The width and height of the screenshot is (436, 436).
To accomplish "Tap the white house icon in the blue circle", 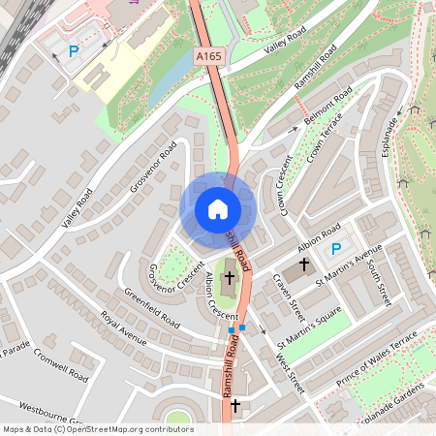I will (217, 209).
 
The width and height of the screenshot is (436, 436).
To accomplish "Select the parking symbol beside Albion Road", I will (336, 250).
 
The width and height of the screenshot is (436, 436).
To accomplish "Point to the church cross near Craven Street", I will (303, 264).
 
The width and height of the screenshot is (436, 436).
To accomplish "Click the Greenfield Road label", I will (152, 307).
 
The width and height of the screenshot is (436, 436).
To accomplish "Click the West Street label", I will (289, 373).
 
